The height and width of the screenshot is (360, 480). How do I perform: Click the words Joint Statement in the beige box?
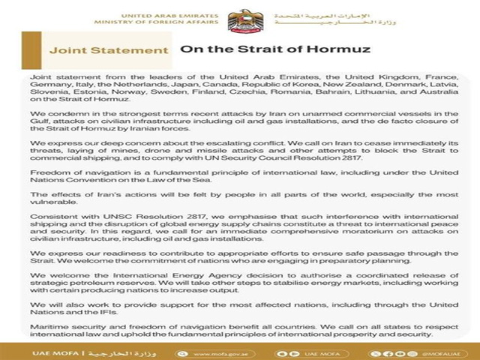pos(108,51)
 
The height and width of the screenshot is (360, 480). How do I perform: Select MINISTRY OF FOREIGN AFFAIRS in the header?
pos(174,22)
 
